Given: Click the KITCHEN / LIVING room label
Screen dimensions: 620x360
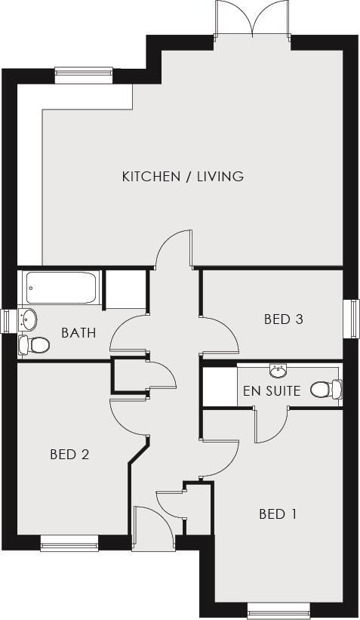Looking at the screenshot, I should (183, 177).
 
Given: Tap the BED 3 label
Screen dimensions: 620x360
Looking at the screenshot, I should (283, 319).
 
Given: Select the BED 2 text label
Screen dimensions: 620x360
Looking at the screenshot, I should (69, 455).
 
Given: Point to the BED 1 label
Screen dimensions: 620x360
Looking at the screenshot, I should (277, 514).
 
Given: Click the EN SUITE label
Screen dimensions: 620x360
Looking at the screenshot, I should (272, 391).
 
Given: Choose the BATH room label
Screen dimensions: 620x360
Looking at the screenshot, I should (78, 332).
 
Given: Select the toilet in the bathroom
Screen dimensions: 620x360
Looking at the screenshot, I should (34, 345).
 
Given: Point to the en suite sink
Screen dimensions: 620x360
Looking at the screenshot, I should (278, 370).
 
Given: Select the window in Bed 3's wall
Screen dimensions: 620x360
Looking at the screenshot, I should (352, 319).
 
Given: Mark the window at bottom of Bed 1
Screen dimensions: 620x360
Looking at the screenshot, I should (278, 609).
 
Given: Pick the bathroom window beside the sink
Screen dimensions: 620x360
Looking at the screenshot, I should (7, 319).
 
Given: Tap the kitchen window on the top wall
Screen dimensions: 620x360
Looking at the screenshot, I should (84, 73).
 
